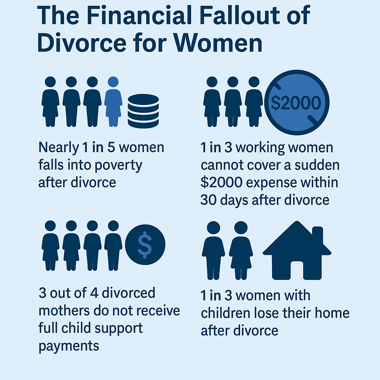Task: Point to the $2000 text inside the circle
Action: (x=296, y=104)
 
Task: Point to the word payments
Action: (x=69, y=346)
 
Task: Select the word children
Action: (x=228, y=313)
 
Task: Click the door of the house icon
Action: (x=297, y=271)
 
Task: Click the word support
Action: (x=121, y=328)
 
